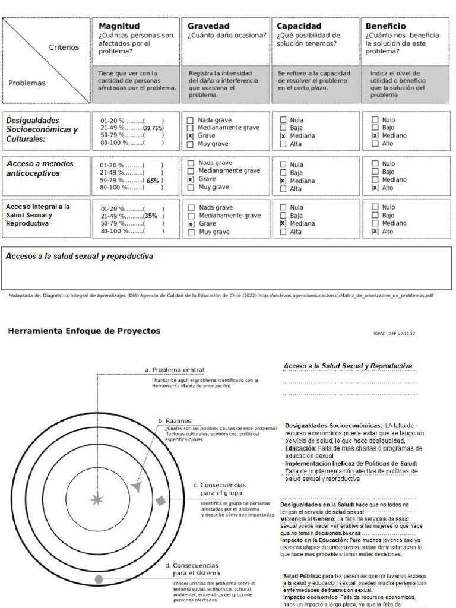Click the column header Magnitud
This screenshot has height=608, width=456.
[x=119, y=26]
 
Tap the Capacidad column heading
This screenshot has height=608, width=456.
[x=299, y=26]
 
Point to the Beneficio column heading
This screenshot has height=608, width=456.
[x=386, y=26]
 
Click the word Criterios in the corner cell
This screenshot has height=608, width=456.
[x=64, y=47]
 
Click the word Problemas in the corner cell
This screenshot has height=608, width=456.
[x=27, y=83]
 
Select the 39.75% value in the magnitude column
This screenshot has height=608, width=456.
[x=153, y=128]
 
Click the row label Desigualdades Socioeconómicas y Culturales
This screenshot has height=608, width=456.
[x=42, y=129]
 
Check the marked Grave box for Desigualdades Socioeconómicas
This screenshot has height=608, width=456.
[x=191, y=135]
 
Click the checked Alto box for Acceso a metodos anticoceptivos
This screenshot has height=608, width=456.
[x=375, y=188]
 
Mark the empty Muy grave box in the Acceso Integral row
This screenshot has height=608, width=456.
[x=191, y=232]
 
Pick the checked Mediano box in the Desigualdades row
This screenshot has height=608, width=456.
[x=375, y=135]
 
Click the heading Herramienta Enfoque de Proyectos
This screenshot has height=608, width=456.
[x=84, y=331]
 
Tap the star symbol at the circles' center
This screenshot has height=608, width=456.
[x=96, y=499]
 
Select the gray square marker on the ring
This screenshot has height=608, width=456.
[x=161, y=501]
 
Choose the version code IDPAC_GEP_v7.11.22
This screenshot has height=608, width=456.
[x=394, y=334]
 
